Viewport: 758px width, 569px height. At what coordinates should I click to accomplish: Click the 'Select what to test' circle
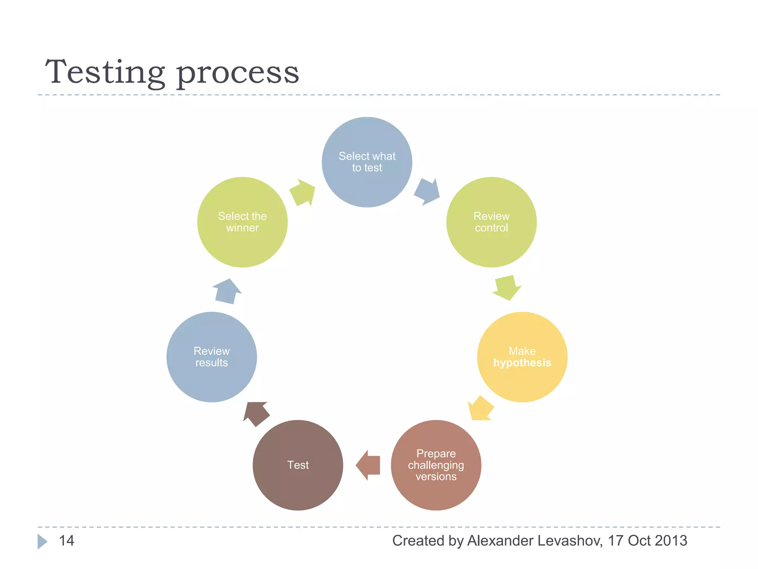tap(367, 162)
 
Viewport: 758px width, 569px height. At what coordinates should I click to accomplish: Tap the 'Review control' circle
tap(491, 222)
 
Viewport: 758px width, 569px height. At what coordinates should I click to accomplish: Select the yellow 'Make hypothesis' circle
tap(522, 357)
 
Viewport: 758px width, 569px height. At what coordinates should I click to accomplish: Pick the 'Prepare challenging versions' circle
tap(436, 465)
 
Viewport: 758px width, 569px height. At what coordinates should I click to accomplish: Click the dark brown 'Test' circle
tap(298, 465)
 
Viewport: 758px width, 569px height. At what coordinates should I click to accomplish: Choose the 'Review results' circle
tap(211, 357)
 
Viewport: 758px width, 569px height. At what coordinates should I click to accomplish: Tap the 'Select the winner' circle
tap(242, 222)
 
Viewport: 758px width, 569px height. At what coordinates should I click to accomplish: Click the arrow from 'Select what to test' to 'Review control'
tap(427, 192)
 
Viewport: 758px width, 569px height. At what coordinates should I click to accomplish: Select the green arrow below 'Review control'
tap(506, 288)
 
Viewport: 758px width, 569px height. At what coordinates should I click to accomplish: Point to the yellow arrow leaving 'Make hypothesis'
tap(480, 409)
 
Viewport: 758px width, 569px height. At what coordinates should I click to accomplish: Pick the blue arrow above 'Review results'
tap(227, 292)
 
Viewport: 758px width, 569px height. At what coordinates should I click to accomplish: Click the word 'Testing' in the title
tap(105, 72)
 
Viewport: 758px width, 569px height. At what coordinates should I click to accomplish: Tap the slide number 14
tap(67, 540)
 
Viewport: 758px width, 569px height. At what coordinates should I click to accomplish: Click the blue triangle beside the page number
tap(42, 541)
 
